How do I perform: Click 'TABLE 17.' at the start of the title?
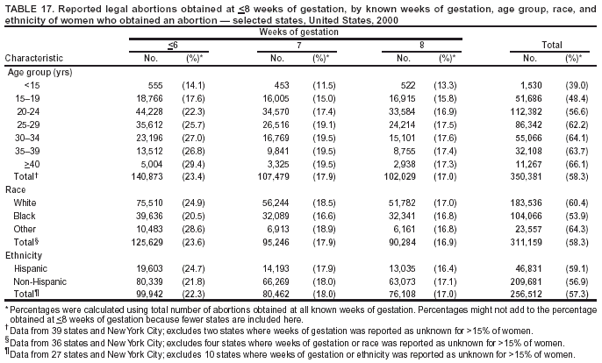(29, 7)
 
